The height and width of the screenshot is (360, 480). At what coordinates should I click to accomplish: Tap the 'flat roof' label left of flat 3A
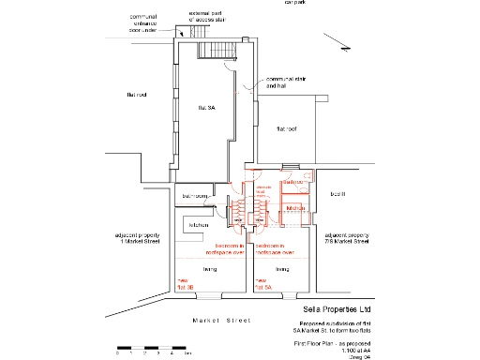[138, 95]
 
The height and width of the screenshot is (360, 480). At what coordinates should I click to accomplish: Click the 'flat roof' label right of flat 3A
[286, 128]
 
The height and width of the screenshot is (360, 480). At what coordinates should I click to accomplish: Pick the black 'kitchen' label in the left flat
[199, 225]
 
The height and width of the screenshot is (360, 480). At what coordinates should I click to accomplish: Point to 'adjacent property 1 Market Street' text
[137, 238]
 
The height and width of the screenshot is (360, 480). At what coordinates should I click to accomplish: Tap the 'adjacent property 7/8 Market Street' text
[347, 238]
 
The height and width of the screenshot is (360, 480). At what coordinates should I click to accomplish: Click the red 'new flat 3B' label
[184, 285]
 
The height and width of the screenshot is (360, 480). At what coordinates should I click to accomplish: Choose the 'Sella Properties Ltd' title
[336, 307]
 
